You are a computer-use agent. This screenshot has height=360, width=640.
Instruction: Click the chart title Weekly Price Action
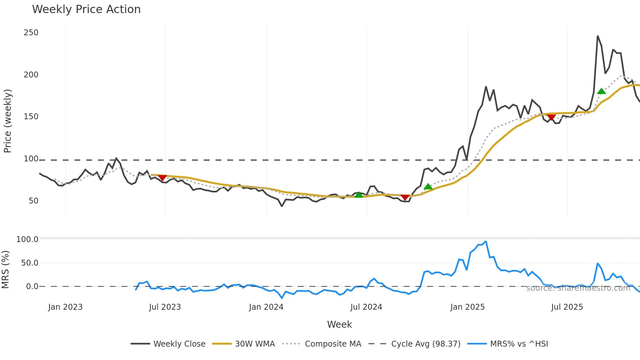pos(86,9)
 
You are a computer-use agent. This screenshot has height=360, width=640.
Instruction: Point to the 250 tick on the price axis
pos(31,33)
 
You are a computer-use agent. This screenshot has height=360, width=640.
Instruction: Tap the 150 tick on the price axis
pos(31,117)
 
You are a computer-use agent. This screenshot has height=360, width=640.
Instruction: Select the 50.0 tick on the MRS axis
pos(30,263)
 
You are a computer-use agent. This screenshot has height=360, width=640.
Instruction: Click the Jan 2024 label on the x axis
pos(266,307)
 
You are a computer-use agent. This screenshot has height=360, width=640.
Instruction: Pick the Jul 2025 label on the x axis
pos(567,307)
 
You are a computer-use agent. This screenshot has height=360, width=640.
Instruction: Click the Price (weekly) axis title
pos(8,121)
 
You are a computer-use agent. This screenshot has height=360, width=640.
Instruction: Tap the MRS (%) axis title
pos(6,270)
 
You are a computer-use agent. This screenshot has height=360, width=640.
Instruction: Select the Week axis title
pos(339,324)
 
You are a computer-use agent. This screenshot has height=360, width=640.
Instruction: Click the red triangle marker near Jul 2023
pos(162,178)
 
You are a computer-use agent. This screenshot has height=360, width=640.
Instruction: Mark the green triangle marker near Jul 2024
pos(359,195)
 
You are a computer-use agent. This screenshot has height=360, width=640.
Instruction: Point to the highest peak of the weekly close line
pos(598,36)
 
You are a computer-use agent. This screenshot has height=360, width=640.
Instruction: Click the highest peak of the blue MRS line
pos(486,241)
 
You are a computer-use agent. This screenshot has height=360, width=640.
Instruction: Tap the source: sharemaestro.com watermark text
pos(578,288)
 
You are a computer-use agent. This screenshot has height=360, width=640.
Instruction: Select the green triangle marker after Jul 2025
pos(601,91)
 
